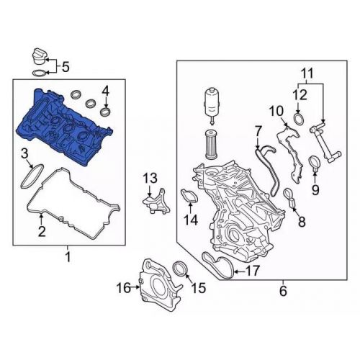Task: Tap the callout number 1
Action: coord(68,257)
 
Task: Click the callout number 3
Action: coord(105,91)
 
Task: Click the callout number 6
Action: coord(256,130)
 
